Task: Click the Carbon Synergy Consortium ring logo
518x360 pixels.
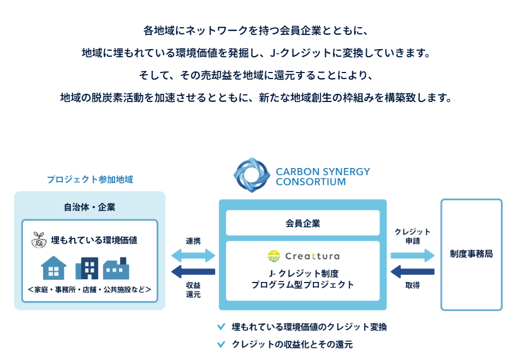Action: click(252, 175)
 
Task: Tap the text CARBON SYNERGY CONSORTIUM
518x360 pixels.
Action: click(323, 176)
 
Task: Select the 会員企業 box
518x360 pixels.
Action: click(302, 223)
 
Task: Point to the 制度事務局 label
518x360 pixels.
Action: click(471, 254)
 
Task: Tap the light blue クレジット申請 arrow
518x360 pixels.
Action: click(412, 255)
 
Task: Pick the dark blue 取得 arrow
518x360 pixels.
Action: click(413, 271)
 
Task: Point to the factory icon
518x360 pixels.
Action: click(116, 269)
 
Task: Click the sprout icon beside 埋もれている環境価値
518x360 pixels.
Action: click(40, 240)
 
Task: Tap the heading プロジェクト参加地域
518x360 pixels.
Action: click(90, 179)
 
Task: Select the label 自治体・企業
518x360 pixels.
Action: click(90, 207)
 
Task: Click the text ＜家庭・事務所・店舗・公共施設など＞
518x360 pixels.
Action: click(90, 289)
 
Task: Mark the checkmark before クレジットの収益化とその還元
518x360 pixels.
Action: click(221, 345)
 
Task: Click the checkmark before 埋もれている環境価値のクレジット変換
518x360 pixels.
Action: click(221, 327)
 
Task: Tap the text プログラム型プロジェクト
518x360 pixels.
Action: click(302, 285)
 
